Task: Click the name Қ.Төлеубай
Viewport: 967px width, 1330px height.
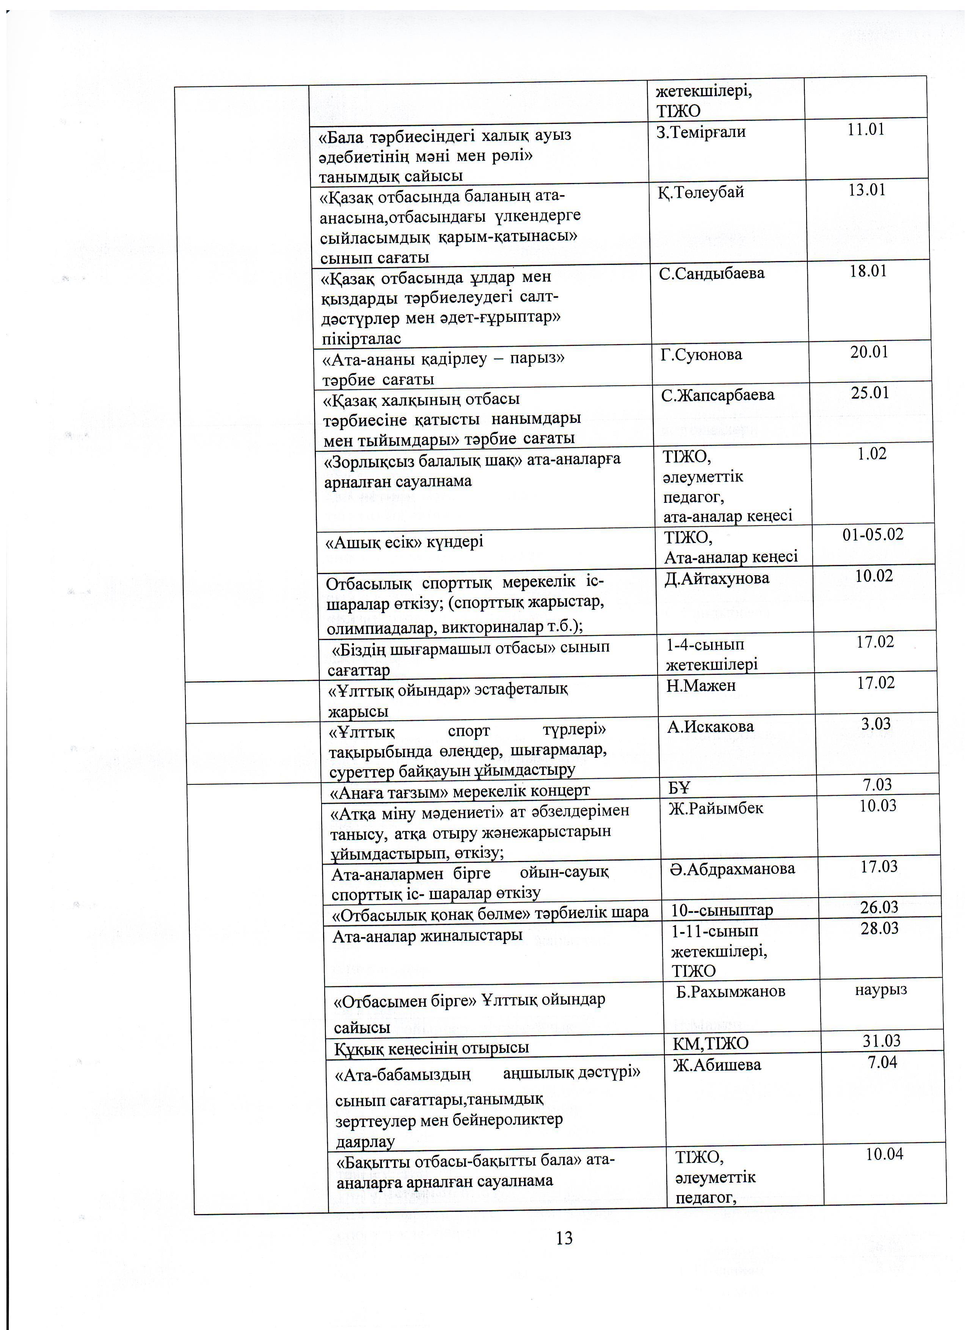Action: point(701,192)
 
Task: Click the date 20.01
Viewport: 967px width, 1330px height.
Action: point(869,352)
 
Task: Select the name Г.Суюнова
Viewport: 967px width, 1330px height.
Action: point(701,354)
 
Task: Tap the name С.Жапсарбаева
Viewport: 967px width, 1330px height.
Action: point(717,395)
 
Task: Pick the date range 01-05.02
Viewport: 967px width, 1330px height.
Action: point(873,534)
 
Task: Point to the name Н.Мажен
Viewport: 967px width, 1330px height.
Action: point(701,685)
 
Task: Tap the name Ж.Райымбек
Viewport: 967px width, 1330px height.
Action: point(716,809)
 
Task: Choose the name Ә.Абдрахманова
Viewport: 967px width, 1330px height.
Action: point(732,868)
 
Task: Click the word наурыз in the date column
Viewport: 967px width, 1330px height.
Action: point(881,989)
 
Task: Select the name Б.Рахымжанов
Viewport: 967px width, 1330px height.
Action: point(730,992)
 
